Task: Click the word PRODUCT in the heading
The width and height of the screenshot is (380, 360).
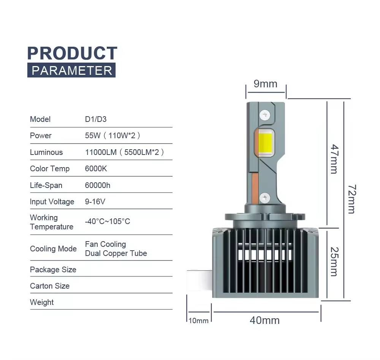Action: [72, 53]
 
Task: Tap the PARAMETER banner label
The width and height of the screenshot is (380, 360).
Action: [71, 71]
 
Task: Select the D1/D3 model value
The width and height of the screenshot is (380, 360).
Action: [96, 119]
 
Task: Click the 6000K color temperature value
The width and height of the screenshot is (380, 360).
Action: [96, 169]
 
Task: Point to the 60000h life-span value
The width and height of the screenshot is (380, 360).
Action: [98, 185]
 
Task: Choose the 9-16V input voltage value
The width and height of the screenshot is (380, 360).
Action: [95, 202]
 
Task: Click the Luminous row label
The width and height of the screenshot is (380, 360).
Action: [46, 152]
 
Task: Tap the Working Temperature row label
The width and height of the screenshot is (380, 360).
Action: [51, 222]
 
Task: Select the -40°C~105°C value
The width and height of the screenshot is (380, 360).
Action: [108, 221]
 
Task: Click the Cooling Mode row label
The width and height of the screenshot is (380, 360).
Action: [53, 249]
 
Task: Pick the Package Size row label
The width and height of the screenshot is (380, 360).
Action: [53, 270]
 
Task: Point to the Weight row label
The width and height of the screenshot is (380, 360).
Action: [42, 302]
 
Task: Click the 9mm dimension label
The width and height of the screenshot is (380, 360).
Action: [266, 84]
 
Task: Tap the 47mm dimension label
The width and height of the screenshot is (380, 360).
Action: [334, 159]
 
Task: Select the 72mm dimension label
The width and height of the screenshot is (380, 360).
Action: [351, 199]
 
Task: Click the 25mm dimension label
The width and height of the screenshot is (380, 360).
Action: [334, 262]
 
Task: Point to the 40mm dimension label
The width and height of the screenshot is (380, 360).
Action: [264, 321]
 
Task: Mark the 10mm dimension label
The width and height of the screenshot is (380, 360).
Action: [198, 321]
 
